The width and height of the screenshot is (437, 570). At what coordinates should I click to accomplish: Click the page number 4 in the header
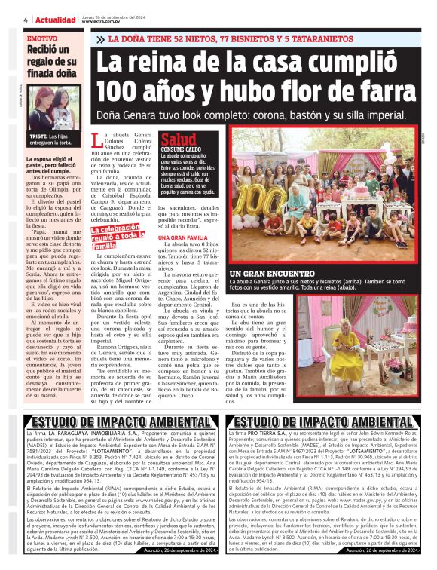(26, 19)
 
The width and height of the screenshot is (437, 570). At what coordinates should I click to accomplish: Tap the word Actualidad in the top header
(53, 19)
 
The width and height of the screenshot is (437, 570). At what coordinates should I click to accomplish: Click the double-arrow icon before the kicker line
(100, 38)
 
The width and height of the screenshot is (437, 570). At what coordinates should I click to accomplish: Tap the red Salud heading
(179, 139)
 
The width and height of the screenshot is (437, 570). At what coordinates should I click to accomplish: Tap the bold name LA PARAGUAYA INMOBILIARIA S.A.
(94, 436)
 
